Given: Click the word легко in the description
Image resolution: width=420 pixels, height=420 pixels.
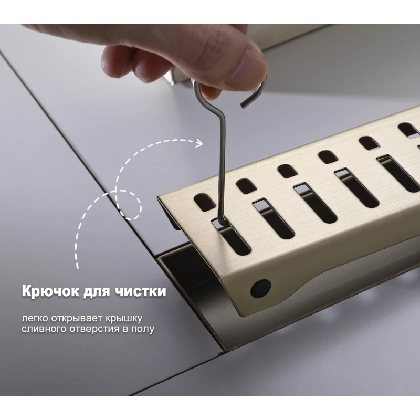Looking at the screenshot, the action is pyautogui.click(x=35, y=319).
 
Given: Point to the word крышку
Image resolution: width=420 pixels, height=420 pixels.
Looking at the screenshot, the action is pyautogui.click(x=124, y=319).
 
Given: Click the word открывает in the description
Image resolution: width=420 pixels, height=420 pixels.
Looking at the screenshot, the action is pyautogui.click(x=77, y=319).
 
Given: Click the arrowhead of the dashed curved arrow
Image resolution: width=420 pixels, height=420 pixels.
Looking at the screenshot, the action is pyautogui.click(x=199, y=143).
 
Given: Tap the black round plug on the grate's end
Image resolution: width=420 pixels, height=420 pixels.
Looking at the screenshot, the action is pyautogui.click(x=260, y=288).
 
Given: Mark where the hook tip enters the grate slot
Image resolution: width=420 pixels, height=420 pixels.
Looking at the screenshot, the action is pyautogui.click(x=221, y=223).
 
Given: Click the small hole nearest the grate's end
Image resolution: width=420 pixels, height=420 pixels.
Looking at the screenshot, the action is pyautogui.click(x=204, y=202).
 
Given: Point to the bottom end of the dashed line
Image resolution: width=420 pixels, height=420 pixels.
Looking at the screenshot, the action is pyautogui.click(x=78, y=267).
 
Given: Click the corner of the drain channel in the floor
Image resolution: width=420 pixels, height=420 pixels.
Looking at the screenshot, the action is pyautogui.click(x=160, y=256).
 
